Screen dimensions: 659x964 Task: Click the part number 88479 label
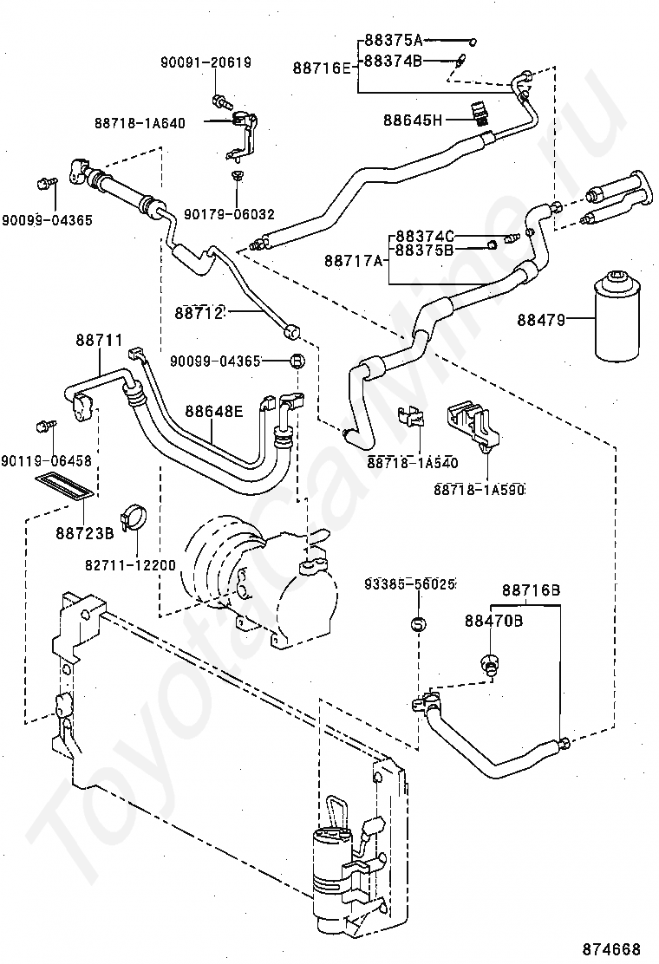pos(540,319)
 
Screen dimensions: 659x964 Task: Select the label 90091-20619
pos(206,62)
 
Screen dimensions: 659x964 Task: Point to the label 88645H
pos(413,120)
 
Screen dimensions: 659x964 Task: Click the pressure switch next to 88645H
pos(478,114)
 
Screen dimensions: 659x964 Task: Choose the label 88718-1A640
pos(140,123)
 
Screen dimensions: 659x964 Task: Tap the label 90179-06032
pos(229,214)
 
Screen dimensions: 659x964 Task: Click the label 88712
pos(199,313)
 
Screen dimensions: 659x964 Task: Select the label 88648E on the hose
pos(214,411)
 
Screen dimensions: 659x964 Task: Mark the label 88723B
pos(85,532)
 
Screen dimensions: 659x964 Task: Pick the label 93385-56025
pos(409,583)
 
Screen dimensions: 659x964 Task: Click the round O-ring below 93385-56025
pos(418,625)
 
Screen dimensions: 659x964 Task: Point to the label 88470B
pos(493,621)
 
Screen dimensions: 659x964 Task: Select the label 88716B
pos(532,590)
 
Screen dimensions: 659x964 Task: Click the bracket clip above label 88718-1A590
pos(472,424)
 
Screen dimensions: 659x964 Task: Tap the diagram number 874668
pos(611,948)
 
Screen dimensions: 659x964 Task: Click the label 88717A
pos(354,261)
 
